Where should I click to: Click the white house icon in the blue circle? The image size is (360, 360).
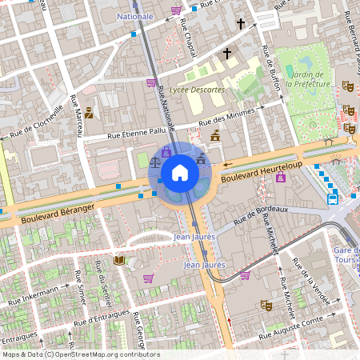pos(180,172)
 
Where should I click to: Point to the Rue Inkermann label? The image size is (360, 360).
pos(34,295)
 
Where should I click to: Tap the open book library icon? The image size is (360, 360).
pos(119,260)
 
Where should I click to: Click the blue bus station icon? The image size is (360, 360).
pos(332,198)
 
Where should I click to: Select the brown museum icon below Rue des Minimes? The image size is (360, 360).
pos(214,135)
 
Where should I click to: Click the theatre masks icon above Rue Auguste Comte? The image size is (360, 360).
pos(266,305)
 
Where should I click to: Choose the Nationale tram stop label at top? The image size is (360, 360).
pos(134,16)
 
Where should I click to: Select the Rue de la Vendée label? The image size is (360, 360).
pos(310,281)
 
